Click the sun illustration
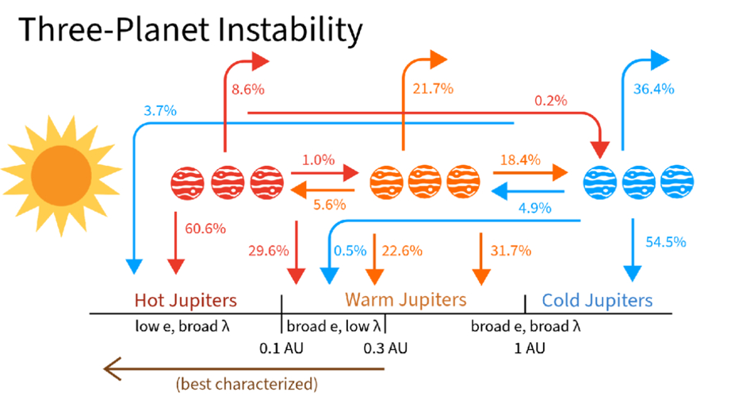(x=62, y=176)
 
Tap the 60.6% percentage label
(x=205, y=229)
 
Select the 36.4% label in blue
(x=653, y=89)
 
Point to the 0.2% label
(x=550, y=100)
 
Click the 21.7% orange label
(x=433, y=89)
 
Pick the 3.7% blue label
(x=160, y=110)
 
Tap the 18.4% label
(x=520, y=160)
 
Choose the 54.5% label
(x=666, y=241)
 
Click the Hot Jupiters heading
(x=186, y=301)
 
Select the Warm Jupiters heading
(x=406, y=299)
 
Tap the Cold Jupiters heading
(x=597, y=301)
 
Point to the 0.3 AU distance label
(x=385, y=348)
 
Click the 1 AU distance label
(x=530, y=348)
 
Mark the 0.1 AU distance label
(x=281, y=348)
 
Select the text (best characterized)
(x=247, y=384)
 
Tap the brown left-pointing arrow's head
(x=112, y=368)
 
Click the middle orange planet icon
(x=425, y=182)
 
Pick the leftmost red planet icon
(x=187, y=183)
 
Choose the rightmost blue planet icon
(x=677, y=182)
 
